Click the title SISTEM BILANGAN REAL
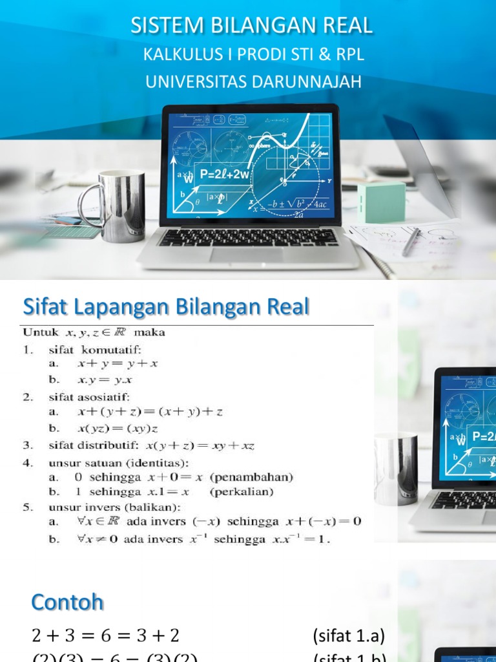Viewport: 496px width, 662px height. pos(252,25)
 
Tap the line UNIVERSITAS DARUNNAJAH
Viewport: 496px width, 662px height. pos(253,82)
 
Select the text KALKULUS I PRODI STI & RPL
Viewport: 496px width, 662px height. pos(253,55)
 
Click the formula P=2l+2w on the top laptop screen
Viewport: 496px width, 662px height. pos(224,174)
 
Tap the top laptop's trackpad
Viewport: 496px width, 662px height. pos(246,255)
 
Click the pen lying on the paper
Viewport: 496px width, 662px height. pos(411,242)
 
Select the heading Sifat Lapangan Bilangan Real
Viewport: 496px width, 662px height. pos(167,306)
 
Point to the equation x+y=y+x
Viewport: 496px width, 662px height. pos(118,364)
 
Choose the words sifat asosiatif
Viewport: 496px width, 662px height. pos(89,396)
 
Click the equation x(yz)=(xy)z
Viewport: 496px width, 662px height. pos(118,428)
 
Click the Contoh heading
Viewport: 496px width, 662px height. pos(67,603)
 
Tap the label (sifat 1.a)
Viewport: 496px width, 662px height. pos(348,636)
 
